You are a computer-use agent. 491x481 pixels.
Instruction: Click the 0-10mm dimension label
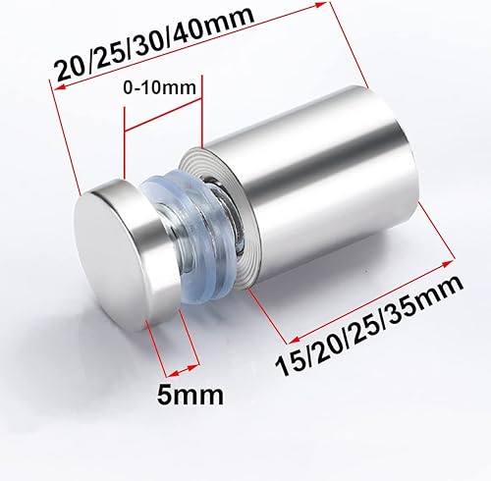click(159, 87)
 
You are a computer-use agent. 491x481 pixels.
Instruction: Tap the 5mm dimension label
click(191, 395)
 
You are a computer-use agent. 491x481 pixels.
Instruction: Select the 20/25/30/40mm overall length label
click(154, 45)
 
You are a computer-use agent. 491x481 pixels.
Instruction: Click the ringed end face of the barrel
click(217, 219)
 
